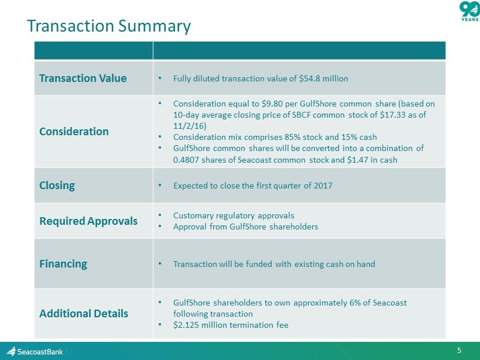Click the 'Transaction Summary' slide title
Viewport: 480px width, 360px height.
109,26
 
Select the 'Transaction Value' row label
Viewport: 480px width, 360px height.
83,78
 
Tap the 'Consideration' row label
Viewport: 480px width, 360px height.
74,132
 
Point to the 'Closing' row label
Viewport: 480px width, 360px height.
57,186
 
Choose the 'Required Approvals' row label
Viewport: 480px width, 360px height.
88,221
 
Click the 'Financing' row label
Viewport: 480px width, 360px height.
63,264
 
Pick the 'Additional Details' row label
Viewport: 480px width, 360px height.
84,314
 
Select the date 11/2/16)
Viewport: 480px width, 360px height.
190,126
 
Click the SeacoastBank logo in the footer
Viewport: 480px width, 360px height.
35,351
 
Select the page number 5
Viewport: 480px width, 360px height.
459,351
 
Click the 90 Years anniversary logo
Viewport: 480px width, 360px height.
469,11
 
